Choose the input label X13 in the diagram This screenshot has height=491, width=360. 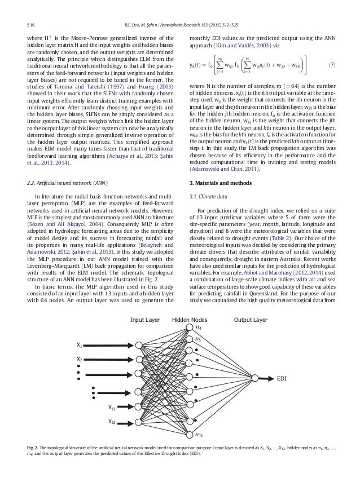click(113, 421)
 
